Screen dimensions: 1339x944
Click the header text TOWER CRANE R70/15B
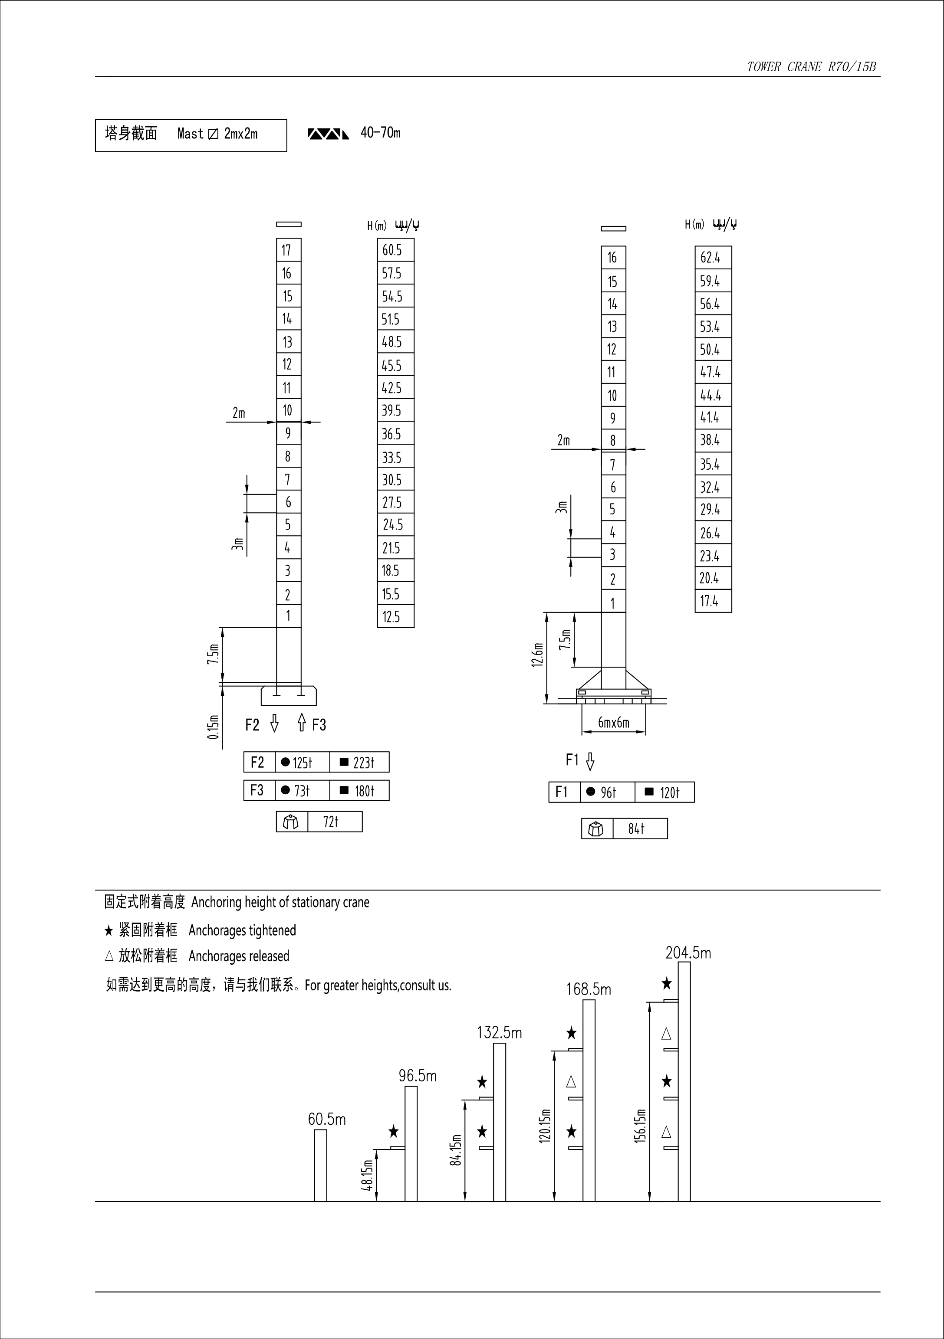pyautogui.click(x=811, y=66)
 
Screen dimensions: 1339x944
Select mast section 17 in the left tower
pyautogui.click(x=288, y=250)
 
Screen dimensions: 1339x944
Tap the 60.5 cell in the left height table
pyautogui.click(x=395, y=250)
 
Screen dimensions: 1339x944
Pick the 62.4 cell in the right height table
pyautogui.click(x=712, y=257)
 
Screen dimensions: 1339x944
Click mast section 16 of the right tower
pyautogui.click(x=613, y=257)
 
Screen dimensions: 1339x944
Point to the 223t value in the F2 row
pyautogui.click(x=359, y=762)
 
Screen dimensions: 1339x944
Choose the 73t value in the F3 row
pyautogui.click(x=302, y=791)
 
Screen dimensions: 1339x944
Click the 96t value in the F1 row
pyautogui.click(x=607, y=792)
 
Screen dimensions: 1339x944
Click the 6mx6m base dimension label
pyautogui.click(x=614, y=723)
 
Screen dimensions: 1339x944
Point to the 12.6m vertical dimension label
pyautogui.click(x=538, y=655)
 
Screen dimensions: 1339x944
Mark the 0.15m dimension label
pyautogui.click(x=214, y=727)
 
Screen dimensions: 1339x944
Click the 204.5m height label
pyautogui.click(x=688, y=953)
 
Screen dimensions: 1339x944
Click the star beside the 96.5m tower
pyautogui.click(x=394, y=1132)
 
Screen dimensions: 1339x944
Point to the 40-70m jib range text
pyautogui.click(x=380, y=133)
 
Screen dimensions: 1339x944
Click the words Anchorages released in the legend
pyautogui.click(x=239, y=956)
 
